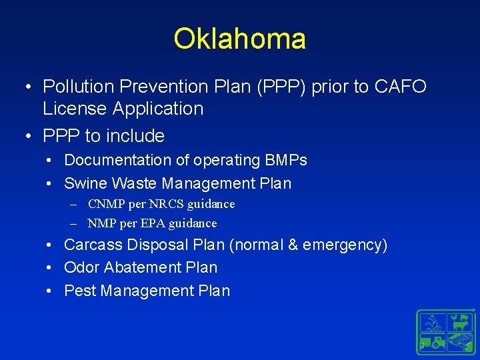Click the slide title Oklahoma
(x=239, y=39)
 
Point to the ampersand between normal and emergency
(x=293, y=245)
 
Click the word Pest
(x=80, y=291)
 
